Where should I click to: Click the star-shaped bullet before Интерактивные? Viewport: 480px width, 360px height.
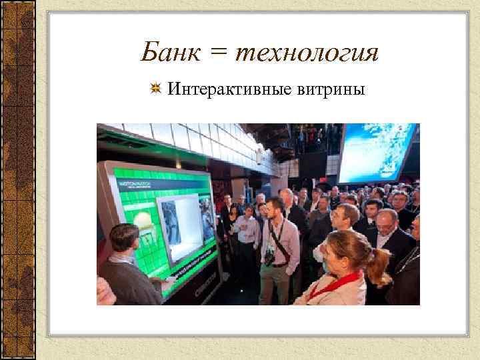coord(154,88)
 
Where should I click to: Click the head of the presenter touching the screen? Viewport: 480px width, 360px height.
coord(124,237)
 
